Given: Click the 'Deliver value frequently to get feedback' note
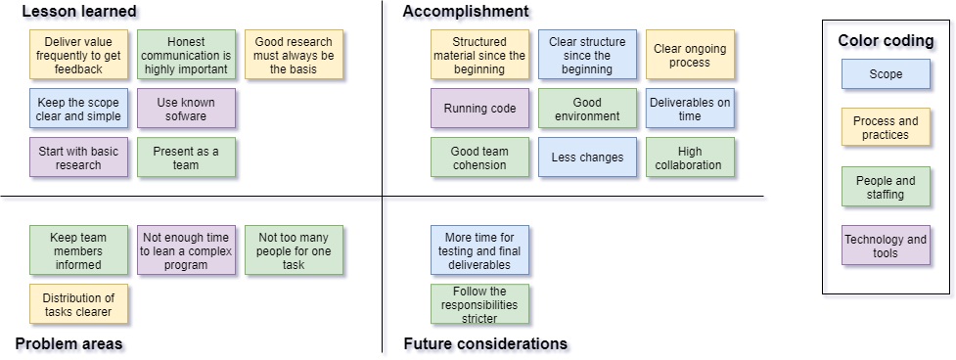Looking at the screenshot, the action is [x=78, y=54].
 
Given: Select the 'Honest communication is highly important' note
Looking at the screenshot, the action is [x=186, y=54].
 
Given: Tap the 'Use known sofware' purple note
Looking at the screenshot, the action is [x=186, y=109].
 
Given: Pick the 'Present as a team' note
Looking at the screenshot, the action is [x=186, y=157].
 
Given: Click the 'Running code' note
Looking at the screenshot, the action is [x=479, y=109].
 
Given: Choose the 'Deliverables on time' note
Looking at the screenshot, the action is [x=690, y=109].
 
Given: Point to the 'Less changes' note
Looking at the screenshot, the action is [x=587, y=157].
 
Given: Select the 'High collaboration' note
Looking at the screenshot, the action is [x=690, y=157].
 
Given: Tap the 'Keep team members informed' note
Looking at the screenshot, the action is [x=78, y=249].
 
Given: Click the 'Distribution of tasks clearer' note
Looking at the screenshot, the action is [x=78, y=304].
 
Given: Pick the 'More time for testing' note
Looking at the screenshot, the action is [x=479, y=249].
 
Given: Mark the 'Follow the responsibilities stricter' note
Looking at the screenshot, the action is [x=479, y=304].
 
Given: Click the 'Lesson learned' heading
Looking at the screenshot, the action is [x=78, y=11].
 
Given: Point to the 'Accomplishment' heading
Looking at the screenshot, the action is [x=466, y=11].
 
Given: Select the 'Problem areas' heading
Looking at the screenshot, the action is [x=68, y=343].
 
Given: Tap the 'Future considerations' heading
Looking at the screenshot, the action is [x=485, y=343].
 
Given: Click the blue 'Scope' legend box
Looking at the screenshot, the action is [x=886, y=74].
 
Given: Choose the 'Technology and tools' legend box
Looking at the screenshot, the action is [x=886, y=246].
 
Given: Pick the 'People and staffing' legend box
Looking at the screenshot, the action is [x=886, y=187].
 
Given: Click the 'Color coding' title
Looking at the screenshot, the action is [x=886, y=40].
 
